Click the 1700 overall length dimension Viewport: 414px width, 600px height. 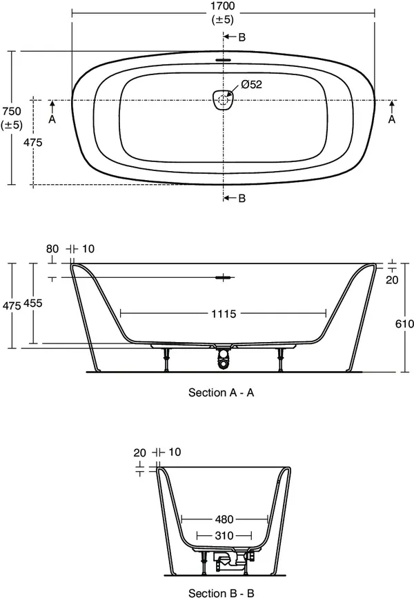(x=222, y=6)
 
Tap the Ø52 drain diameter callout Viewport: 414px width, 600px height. (x=252, y=85)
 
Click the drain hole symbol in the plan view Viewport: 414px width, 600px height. (x=223, y=100)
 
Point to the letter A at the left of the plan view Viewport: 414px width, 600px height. (x=52, y=119)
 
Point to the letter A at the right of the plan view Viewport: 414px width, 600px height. (x=392, y=119)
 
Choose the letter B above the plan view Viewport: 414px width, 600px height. (x=241, y=37)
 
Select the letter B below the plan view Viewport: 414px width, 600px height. (x=241, y=199)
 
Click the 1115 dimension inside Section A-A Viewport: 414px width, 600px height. (x=223, y=314)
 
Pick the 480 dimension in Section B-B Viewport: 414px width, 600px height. (x=224, y=519)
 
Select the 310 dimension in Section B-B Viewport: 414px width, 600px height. (x=224, y=535)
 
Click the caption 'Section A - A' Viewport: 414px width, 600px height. (x=222, y=392)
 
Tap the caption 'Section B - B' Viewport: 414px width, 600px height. (x=222, y=592)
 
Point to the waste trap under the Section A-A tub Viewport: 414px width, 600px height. (x=223, y=357)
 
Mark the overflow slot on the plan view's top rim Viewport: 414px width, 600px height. (x=223, y=59)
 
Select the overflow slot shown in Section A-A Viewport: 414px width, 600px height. (x=224, y=278)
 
